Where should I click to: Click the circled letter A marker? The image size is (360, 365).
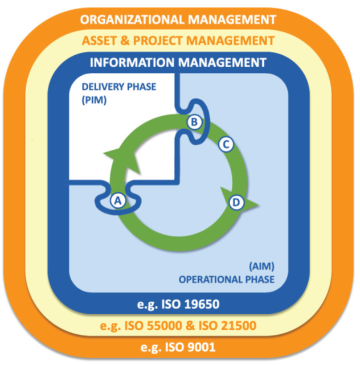(x=118, y=200)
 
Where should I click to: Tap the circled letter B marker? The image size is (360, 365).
(x=194, y=121)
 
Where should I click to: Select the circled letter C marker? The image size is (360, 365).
(x=226, y=145)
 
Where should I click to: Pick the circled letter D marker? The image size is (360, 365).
(x=235, y=202)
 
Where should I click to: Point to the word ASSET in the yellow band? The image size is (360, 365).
(x=100, y=41)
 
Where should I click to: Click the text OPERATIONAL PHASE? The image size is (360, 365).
(x=227, y=280)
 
